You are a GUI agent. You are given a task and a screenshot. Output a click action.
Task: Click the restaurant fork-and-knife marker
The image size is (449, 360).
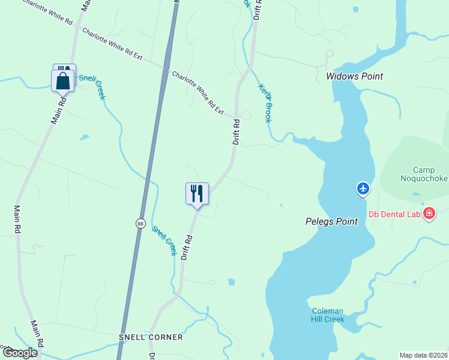(x=197, y=194)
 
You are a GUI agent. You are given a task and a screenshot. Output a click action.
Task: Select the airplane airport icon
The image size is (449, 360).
(x=363, y=189)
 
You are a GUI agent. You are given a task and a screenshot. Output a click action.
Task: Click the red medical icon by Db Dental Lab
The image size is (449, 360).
(x=429, y=214)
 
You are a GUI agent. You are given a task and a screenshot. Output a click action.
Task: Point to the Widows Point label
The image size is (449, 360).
(x=354, y=76)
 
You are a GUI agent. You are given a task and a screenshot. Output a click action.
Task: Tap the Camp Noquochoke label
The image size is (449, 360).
(x=424, y=174)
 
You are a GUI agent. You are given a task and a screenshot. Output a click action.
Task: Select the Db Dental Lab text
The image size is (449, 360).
(x=394, y=214)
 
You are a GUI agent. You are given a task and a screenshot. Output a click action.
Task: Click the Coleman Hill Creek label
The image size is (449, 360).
(x=328, y=315)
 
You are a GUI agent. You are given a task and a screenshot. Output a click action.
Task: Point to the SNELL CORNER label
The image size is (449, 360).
(x=151, y=337)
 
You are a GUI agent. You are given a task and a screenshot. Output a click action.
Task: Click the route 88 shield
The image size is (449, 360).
(x=140, y=223)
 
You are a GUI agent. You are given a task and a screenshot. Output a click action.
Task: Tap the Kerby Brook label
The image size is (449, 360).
(x=265, y=103)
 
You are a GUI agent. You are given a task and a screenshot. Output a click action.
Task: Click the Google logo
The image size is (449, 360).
(x=19, y=353)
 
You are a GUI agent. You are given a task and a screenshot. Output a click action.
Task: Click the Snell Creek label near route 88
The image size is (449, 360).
(x=164, y=241)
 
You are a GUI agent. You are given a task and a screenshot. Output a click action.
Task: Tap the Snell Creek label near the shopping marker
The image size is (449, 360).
(x=101, y=86)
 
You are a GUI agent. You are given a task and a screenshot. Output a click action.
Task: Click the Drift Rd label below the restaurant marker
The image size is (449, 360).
(x=188, y=246)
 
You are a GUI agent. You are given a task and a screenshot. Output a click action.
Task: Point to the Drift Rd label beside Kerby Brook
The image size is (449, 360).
(x=237, y=132)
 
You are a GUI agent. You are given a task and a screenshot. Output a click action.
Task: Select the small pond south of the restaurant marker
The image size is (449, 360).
(x=231, y=281)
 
